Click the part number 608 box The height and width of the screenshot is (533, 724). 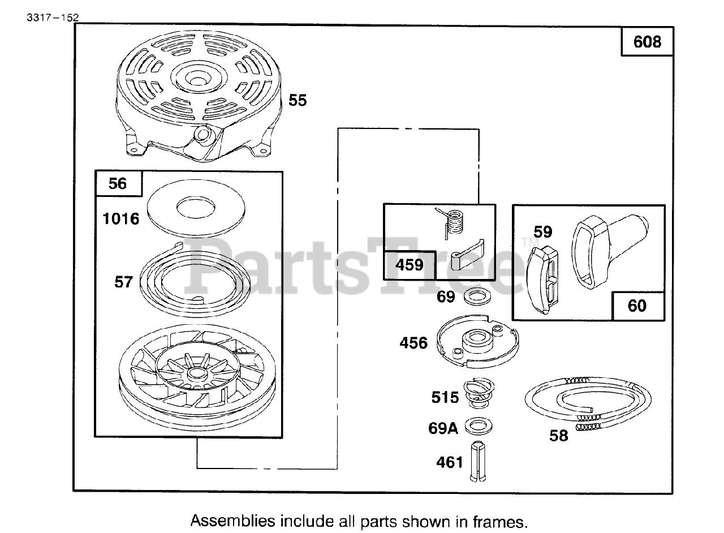click(647, 41)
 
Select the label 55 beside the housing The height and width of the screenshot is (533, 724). click(298, 100)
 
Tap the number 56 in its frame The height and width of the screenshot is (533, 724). click(118, 183)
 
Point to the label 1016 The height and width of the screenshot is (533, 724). click(121, 218)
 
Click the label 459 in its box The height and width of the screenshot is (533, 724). click(410, 265)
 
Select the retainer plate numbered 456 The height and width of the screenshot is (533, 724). click(477, 338)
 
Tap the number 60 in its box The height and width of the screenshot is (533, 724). click(637, 306)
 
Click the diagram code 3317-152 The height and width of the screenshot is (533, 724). click(52, 16)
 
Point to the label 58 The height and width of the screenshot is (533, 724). click(559, 436)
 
